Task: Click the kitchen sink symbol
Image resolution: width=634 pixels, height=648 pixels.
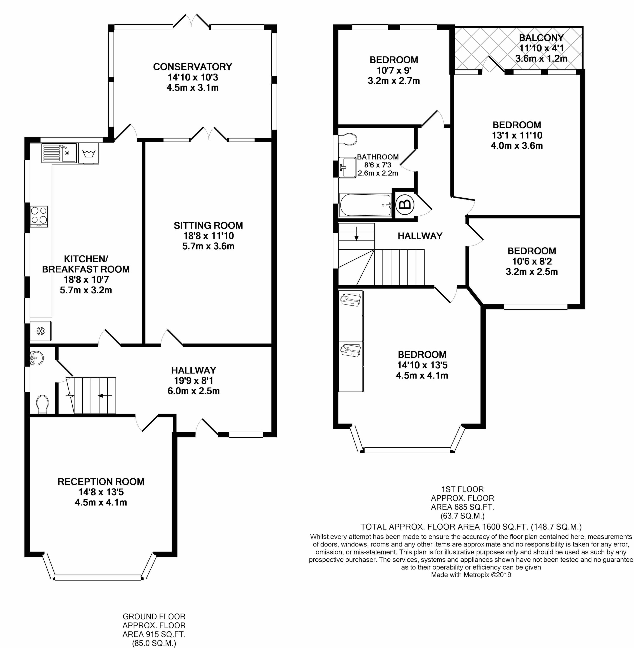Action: (59, 153)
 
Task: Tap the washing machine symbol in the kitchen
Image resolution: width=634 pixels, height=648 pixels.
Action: (89, 153)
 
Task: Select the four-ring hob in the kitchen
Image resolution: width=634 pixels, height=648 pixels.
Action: (39, 216)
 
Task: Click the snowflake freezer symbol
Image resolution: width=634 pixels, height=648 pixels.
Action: (41, 331)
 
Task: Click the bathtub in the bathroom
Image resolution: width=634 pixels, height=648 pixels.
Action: (365, 205)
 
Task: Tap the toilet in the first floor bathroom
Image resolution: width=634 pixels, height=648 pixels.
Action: (347, 139)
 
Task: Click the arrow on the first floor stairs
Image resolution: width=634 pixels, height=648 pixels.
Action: (356, 233)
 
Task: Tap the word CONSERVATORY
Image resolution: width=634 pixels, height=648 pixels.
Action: (192, 67)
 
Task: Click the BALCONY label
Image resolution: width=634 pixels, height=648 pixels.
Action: (541, 38)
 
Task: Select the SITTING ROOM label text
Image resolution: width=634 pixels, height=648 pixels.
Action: (208, 225)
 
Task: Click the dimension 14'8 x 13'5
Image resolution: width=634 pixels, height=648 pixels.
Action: (101, 492)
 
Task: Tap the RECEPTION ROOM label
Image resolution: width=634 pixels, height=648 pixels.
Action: (101, 482)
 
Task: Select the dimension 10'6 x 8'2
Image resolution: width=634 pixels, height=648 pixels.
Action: (532, 261)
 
